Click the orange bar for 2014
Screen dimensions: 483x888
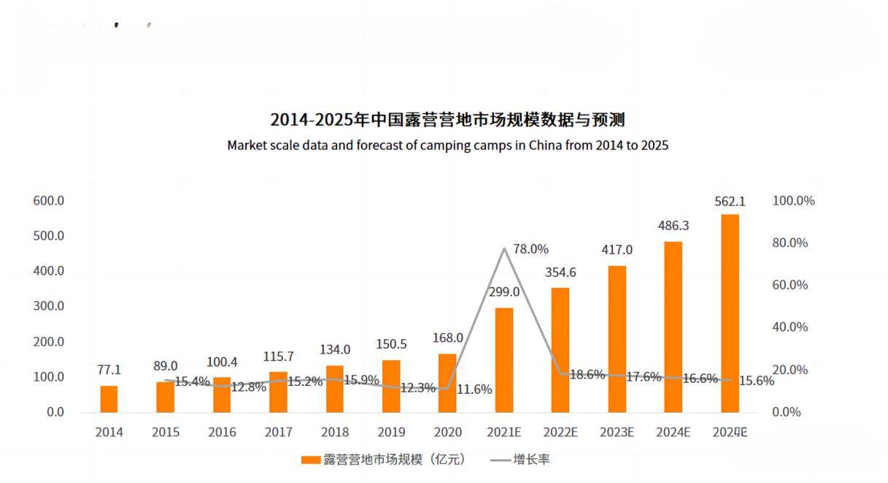(109, 399)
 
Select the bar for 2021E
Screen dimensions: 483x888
(504, 360)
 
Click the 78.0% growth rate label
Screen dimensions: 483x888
(530, 249)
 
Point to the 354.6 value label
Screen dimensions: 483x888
(560, 273)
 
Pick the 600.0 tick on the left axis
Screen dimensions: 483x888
(49, 201)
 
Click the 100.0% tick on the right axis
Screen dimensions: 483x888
(793, 201)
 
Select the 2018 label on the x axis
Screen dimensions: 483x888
(335, 432)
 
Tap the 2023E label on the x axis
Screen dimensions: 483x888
(617, 432)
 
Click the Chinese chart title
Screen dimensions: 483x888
(447, 119)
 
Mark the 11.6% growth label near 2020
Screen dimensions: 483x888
(474, 389)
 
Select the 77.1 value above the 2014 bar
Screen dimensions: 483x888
(109, 370)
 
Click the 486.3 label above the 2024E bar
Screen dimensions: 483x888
(673, 227)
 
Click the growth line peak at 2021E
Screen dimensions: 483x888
(504, 248)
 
